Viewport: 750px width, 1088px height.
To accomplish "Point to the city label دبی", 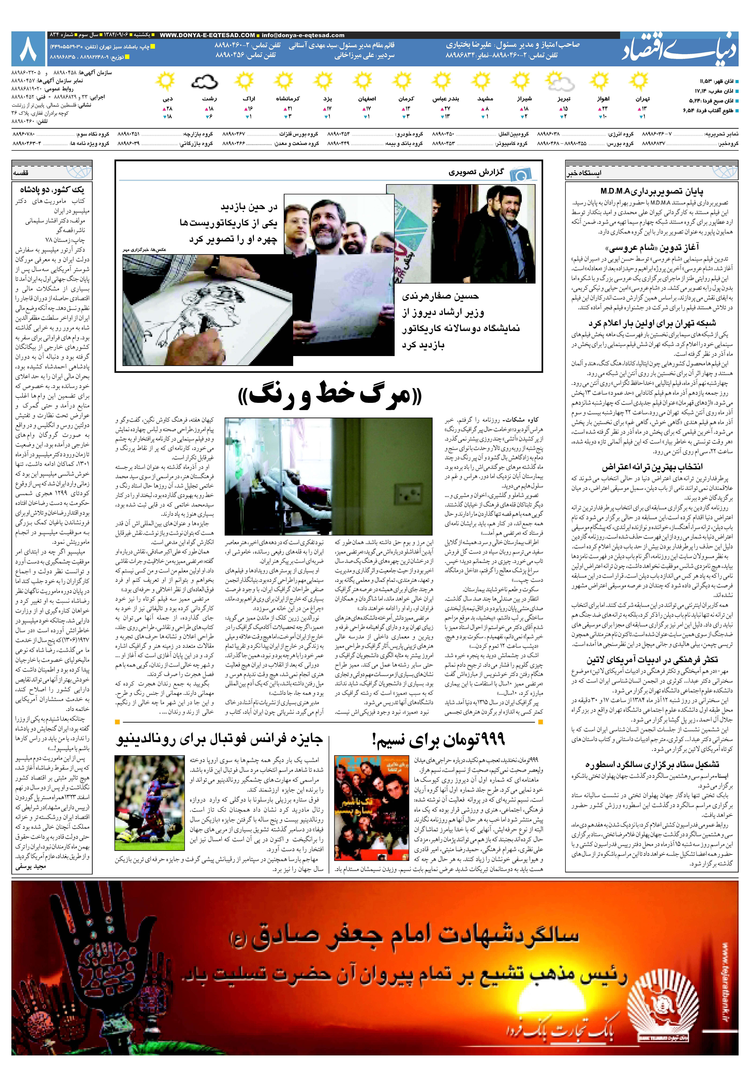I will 168,99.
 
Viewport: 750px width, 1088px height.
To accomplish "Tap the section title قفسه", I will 22,173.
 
